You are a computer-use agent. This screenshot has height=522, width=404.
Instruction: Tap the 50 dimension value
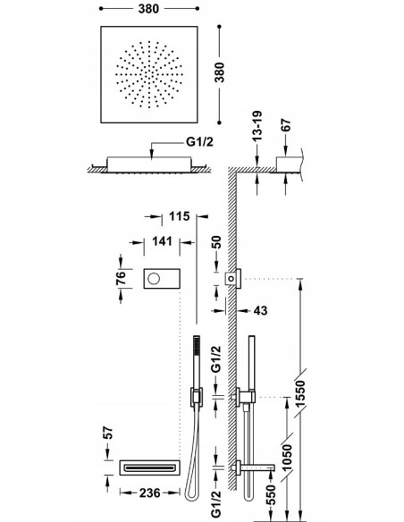[x=216, y=244]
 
